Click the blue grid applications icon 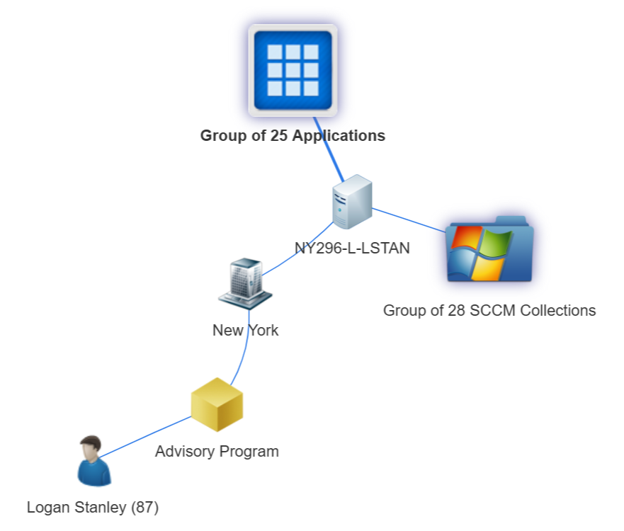pos(293,70)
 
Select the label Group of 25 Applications pos(293,135)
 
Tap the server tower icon pos(352,202)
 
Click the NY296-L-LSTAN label pos(352,248)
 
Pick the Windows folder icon pos(489,251)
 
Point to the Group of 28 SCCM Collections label pos(489,310)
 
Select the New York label pos(245,330)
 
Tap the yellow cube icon pos(217,404)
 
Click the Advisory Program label pos(217,451)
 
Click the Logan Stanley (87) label pos(93,507)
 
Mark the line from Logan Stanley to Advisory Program pos(145,436)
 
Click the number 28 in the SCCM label pos(455,310)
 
